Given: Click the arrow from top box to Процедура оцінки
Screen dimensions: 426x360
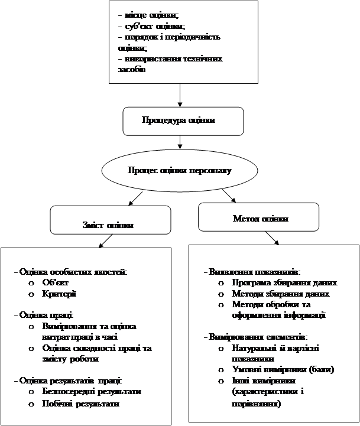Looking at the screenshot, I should [x=180, y=95].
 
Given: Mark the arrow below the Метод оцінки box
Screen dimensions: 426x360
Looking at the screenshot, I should [x=274, y=238].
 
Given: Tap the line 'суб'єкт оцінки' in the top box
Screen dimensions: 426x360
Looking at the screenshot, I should [x=151, y=27].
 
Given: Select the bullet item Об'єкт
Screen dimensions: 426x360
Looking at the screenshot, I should [x=56, y=282].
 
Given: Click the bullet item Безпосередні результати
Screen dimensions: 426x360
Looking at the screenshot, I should [x=92, y=392].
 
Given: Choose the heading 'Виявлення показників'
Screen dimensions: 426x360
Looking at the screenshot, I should [x=254, y=272].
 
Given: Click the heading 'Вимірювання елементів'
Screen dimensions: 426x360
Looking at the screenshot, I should [x=258, y=337].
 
